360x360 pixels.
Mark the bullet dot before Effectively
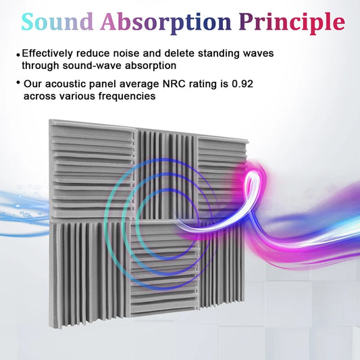[x=18, y=54]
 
